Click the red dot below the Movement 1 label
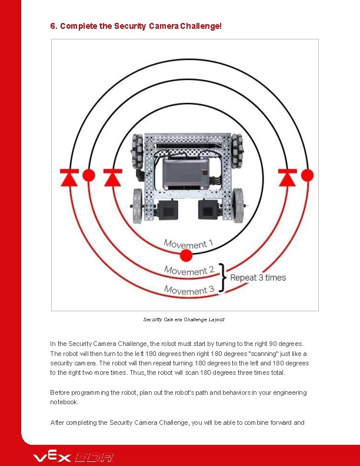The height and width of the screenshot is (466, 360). click(x=186, y=255)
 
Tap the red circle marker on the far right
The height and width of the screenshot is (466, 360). click(x=307, y=175)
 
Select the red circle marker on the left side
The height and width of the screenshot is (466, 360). click(x=89, y=175)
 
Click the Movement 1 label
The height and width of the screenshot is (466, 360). click(x=188, y=244)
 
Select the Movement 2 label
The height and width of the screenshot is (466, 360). click(x=189, y=271)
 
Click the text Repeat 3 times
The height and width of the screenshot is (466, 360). click(x=258, y=278)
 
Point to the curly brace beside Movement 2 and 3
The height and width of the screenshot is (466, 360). click(x=222, y=278)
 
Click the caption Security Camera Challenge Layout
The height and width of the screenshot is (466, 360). click(x=184, y=319)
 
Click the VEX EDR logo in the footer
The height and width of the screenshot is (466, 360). click(x=74, y=457)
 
